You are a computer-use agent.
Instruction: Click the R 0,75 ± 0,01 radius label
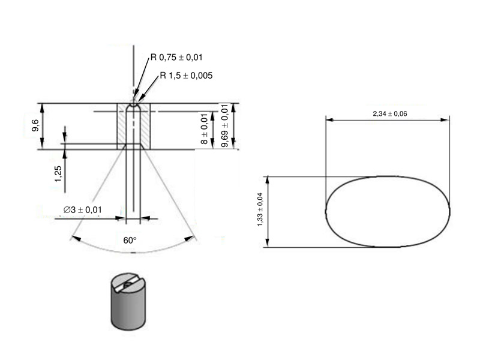click(x=176, y=58)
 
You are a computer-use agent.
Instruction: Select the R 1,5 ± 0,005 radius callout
click(x=185, y=76)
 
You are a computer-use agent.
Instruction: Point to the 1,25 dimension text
click(x=58, y=173)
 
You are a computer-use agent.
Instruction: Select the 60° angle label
click(x=130, y=240)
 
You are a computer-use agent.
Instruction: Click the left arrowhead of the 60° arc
click(x=73, y=238)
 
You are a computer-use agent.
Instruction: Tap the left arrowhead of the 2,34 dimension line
click(x=329, y=119)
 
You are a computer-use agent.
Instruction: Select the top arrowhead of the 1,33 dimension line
click(x=268, y=179)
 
